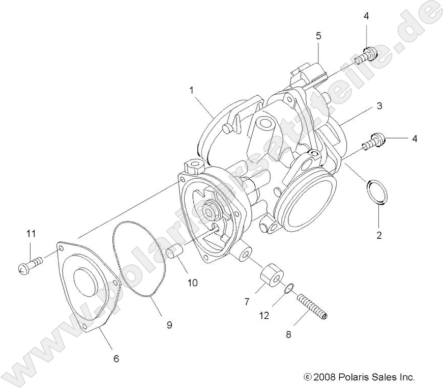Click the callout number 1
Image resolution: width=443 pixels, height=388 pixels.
click(x=191, y=91)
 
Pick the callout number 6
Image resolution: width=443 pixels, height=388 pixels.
click(x=116, y=358)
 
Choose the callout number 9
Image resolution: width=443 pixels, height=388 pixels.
click(x=169, y=324)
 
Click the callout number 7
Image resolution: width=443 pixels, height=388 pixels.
click(x=247, y=301)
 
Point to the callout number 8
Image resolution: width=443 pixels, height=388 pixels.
click(x=288, y=335)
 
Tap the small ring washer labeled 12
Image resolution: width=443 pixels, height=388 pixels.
click(x=288, y=288)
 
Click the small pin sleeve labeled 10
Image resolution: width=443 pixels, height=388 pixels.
click(x=175, y=252)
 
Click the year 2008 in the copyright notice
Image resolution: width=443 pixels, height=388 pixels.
click(x=323, y=377)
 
